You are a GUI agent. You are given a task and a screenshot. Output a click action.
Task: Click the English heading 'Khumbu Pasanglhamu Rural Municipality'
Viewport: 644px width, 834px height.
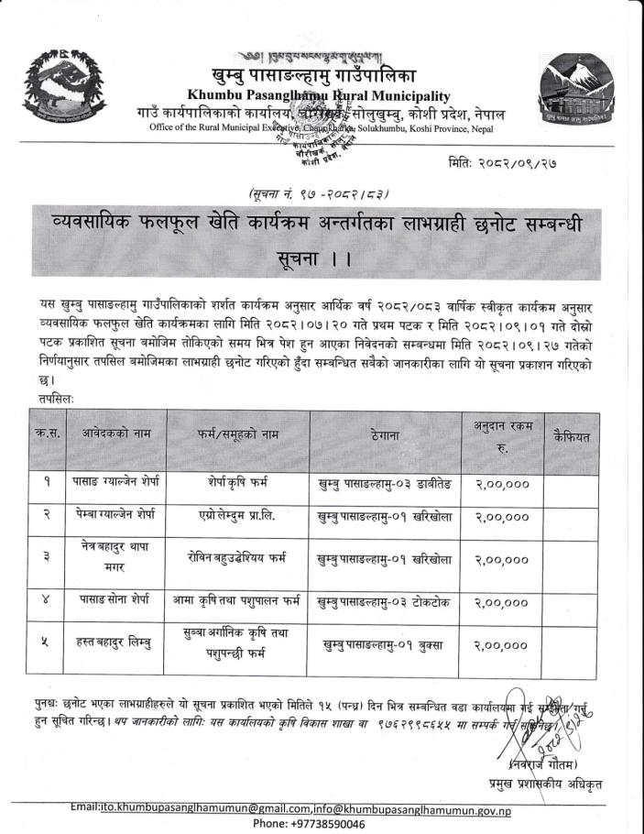tap(319, 95)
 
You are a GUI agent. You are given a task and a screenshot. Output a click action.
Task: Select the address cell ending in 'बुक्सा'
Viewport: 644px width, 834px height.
tap(383, 646)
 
